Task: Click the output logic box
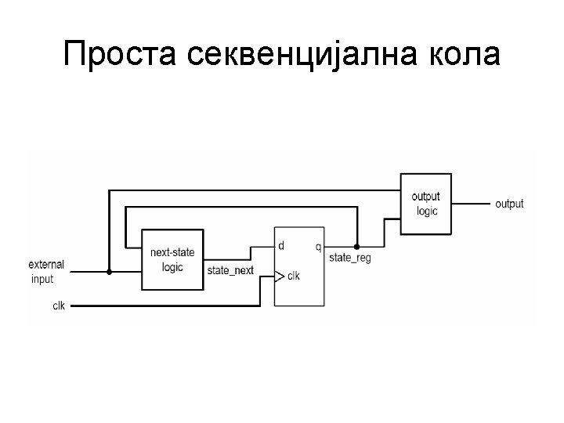pos(426,204)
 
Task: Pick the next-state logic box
pos(172,259)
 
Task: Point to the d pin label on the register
pos(280,246)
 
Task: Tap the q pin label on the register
pos(317,247)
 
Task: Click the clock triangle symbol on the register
pos(278,276)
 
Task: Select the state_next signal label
pos(230,270)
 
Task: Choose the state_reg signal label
pos(350,258)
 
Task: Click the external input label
pos(46,272)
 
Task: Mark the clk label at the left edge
pos(59,305)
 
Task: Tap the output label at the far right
pos(509,204)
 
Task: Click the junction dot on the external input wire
pos(109,272)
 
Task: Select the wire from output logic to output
pos(471,204)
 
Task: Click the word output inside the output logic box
pos(426,197)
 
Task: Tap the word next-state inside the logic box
pos(172,252)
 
